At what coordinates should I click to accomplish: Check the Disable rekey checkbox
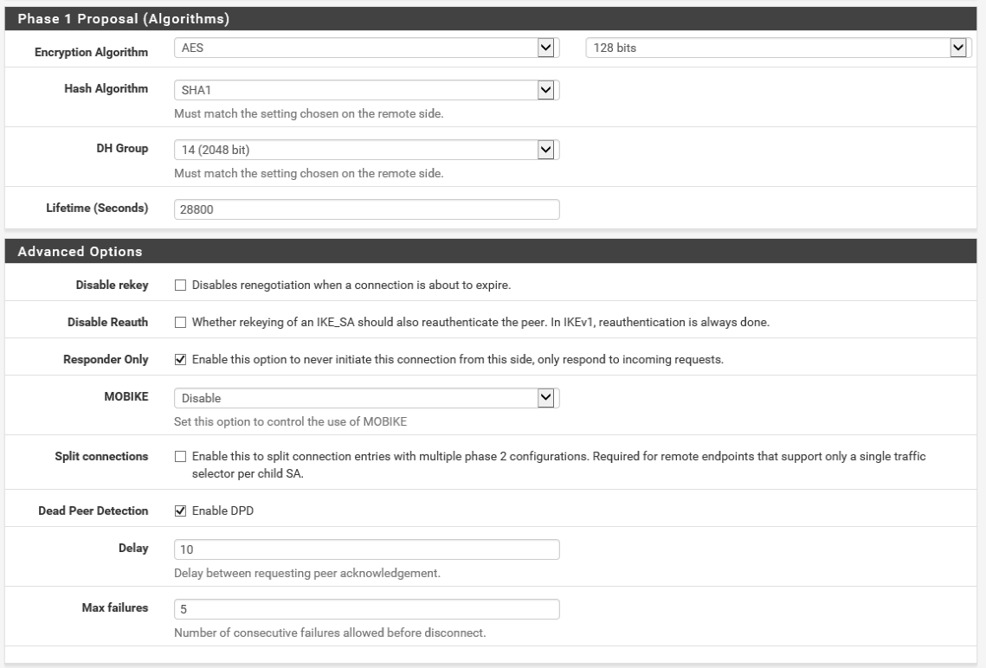pos(180,285)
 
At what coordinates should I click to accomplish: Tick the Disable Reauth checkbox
pos(180,323)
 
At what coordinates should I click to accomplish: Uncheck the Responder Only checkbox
pos(180,360)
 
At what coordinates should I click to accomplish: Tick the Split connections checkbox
pos(180,455)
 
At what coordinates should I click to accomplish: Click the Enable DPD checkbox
pos(180,511)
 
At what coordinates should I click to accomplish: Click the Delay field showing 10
pos(366,549)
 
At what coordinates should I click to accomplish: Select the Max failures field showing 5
pos(366,609)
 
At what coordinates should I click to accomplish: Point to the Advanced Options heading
pos(80,252)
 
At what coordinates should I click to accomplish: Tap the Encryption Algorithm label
pos(91,53)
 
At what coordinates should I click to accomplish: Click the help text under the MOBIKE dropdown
pos(289,422)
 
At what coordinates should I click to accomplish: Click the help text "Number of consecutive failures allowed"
pos(329,633)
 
